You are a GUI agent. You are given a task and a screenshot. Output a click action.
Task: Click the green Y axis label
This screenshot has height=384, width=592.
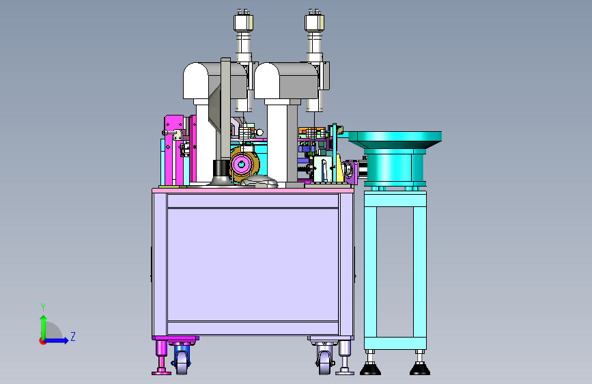(43, 307)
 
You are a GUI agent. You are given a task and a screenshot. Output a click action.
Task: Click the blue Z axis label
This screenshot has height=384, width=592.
(73, 337)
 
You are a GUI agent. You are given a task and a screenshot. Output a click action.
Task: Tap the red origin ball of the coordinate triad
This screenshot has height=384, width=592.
(42, 341)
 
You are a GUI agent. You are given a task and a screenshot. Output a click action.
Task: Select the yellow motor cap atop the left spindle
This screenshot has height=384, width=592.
(243, 23)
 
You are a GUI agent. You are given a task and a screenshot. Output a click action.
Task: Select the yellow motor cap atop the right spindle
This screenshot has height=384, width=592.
(315, 23)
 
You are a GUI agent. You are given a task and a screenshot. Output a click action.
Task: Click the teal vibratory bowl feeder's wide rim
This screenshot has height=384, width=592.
(395, 137)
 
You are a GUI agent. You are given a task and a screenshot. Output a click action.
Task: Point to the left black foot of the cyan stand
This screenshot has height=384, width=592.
(370, 368)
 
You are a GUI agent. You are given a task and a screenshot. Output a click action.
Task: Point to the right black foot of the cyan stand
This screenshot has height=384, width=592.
(420, 368)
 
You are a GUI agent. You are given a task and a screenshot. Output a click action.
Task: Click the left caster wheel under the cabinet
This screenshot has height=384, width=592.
(182, 362)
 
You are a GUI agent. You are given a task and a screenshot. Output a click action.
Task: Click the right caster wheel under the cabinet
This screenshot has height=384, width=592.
(324, 362)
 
